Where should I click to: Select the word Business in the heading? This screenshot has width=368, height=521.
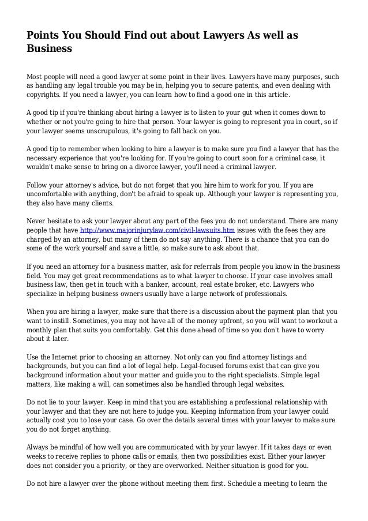[x=49, y=49]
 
